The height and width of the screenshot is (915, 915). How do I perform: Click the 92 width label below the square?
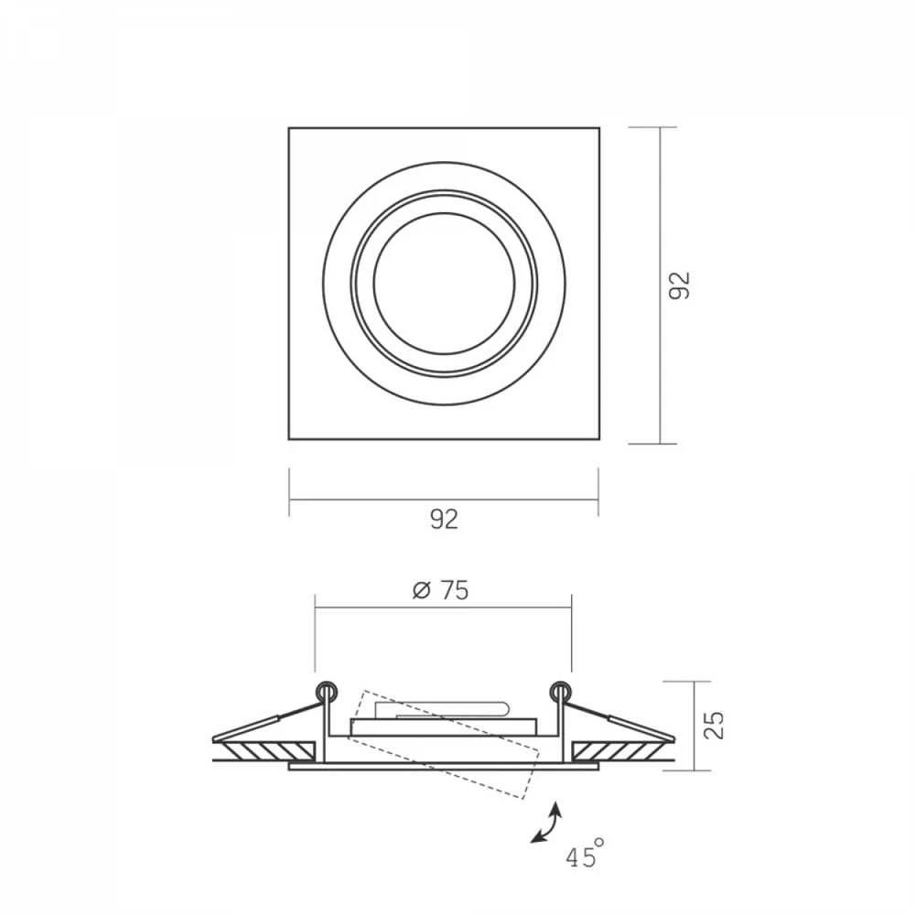click(x=444, y=520)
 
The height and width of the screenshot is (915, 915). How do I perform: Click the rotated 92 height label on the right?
click(x=679, y=285)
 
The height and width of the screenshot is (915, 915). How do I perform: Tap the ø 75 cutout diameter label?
click(x=441, y=590)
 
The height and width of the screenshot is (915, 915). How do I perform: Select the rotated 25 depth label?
click(x=714, y=726)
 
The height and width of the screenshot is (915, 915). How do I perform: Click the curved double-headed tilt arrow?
click(x=547, y=823)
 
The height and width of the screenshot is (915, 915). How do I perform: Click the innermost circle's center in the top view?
click(x=444, y=284)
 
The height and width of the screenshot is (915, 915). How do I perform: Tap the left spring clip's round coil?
click(x=327, y=692)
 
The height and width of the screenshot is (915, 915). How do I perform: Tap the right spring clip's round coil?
click(x=561, y=692)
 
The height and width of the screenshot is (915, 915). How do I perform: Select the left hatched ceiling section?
click(x=267, y=751)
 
